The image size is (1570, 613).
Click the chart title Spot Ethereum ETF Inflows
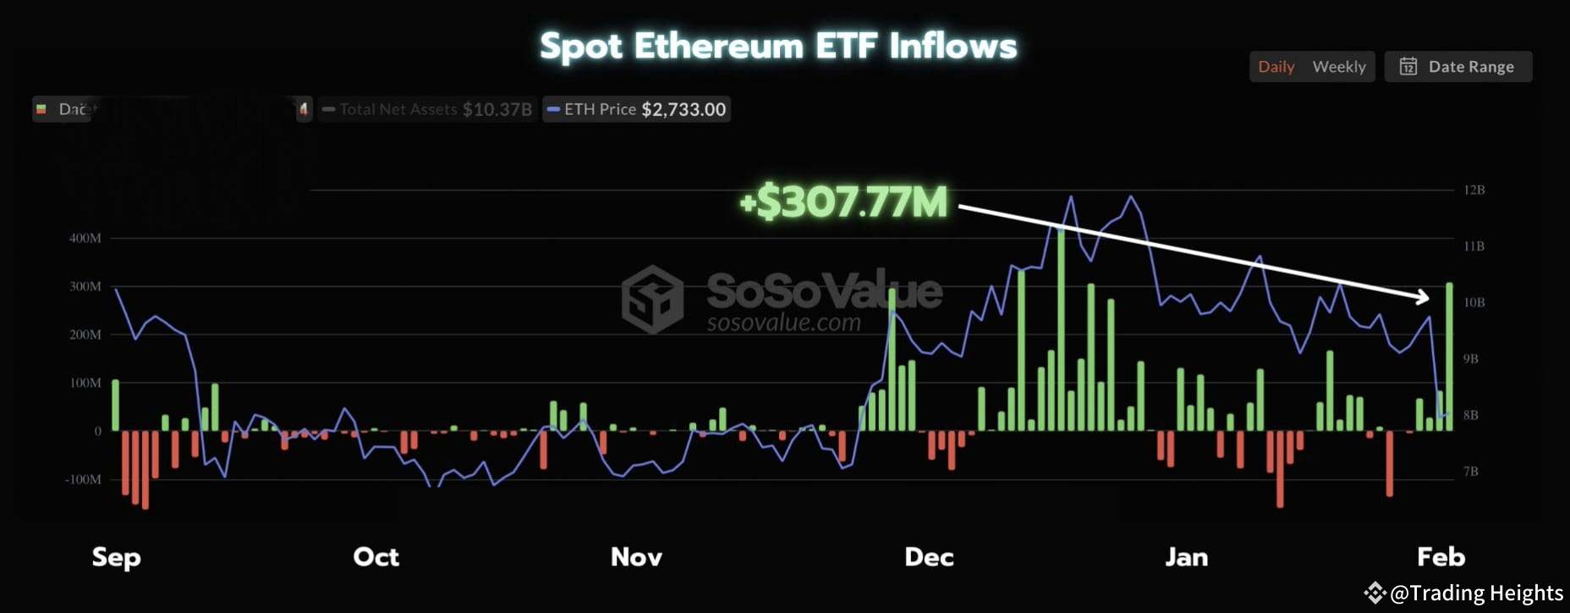[x=778, y=47]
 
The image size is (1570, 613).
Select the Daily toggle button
[x=1276, y=67]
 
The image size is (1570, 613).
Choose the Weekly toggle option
[x=1338, y=67]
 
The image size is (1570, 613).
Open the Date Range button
[x=1457, y=67]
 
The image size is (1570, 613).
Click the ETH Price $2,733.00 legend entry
[x=636, y=109]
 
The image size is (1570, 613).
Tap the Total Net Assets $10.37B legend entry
[x=427, y=109]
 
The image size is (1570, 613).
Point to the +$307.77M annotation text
[x=843, y=202]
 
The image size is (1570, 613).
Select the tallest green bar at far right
[x=1449, y=356]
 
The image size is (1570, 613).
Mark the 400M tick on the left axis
[x=85, y=238]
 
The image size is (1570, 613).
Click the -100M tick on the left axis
[x=83, y=479]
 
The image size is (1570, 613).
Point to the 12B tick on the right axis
[x=1474, y=190]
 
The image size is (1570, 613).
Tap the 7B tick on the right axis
[x=1471, y=472]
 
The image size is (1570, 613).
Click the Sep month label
[x=116, y=557]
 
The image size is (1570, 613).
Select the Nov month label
[x=636, y=557]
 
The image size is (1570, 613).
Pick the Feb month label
[x=1441, y=557]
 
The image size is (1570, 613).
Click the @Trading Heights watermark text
[x=1476, y=594]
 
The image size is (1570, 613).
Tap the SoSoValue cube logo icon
[x=652, y=299]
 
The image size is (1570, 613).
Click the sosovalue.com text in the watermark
[x=783, y=323]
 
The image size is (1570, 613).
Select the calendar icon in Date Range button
[x=1408, y=67]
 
